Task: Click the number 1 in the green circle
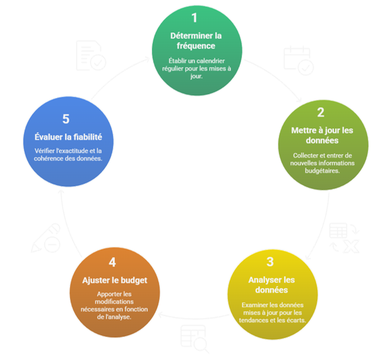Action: [195, 18]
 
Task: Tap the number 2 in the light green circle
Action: [321, 112]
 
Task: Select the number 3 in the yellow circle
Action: [269, 261]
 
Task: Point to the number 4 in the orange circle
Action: [112, 261]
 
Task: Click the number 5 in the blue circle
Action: [68, 119]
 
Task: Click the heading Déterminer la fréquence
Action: [196, 41]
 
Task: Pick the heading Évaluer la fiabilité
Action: [68, 136]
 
